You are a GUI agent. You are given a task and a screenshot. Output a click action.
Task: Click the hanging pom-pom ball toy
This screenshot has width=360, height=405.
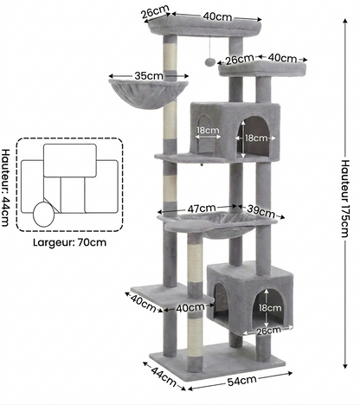pyautogui.click(x=209, y=61)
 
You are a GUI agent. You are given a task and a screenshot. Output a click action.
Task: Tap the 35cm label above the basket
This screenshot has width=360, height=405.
pyautogui.click(x=149, y=76)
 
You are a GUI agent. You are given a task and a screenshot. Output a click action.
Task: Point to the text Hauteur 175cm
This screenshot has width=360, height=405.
pyautogui.click(x=345, y=198)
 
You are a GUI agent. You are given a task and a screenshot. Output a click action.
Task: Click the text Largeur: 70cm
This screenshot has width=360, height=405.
pyautogui.click(x=69, y=242)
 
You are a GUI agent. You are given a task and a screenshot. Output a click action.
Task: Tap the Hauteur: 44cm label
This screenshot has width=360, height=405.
pyautogui.click(x=5, y=188)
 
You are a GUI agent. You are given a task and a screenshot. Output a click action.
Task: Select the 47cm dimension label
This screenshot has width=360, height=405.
pyautogui.click(x=202, y=209)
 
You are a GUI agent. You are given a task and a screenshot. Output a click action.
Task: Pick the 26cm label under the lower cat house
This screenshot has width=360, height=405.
pyautogui.click(x=269, y=331)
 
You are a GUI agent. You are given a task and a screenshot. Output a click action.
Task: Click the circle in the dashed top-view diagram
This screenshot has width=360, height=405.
pyautogui.click(x=44, y=215)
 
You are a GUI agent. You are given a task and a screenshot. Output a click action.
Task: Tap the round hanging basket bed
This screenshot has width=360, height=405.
pyautogui.click(x=149, y=94)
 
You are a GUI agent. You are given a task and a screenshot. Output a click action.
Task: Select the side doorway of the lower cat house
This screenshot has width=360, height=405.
pyautogui.click(x=222, y=299)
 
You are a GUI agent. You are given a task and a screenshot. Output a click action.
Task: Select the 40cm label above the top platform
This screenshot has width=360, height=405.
pyautogui.click(x=217, y=16)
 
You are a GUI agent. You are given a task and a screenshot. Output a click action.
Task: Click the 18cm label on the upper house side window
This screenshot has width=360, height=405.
pyautogui.click(x=208, y=130)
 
